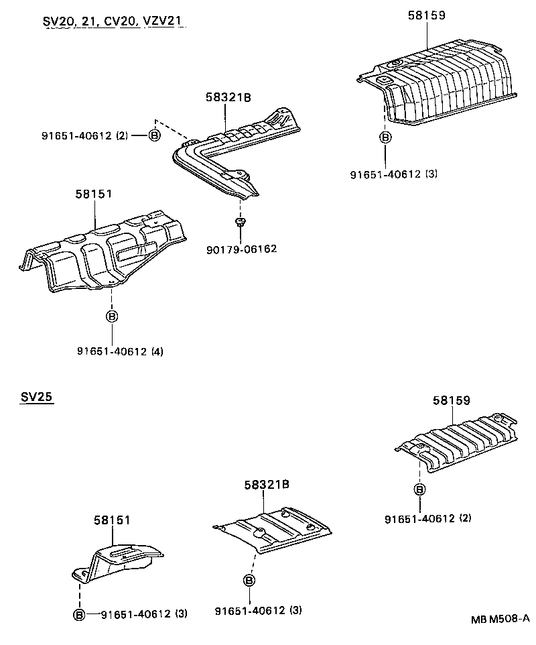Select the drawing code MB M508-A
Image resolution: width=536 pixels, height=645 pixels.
496,618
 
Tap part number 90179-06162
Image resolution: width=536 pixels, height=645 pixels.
242,249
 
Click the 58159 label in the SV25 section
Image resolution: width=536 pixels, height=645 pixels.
451,400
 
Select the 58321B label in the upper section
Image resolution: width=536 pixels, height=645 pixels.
228,97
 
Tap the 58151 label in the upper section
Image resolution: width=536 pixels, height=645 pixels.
94,194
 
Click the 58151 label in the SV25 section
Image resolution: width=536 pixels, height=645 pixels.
111,520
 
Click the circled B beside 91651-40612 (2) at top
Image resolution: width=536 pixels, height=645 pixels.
154,135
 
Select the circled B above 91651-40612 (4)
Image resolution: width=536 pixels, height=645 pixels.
112,316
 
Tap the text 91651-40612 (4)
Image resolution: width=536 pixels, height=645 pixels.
120,351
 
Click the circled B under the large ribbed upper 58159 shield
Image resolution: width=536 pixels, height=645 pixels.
385,137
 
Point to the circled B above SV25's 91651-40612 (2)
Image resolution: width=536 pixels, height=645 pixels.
419,489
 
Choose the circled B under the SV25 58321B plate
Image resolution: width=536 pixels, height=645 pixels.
249,581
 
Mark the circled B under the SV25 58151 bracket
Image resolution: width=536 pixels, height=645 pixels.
79,613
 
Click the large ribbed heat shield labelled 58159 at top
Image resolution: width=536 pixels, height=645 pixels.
442,84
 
